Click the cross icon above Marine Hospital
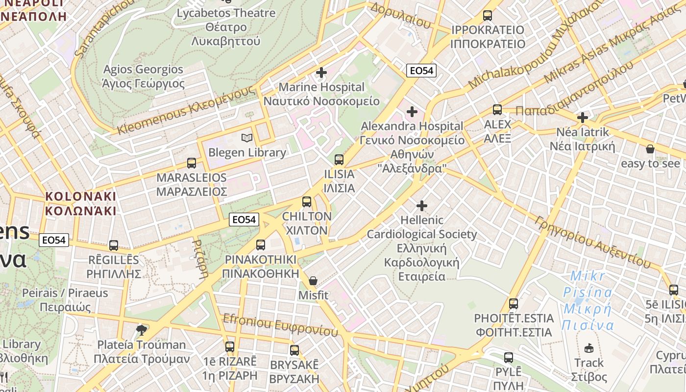coord(321,73)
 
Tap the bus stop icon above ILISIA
coord(339,159)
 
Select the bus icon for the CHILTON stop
coord(307,201)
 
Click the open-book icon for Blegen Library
coord(246,138)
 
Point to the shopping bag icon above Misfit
coord(313,281)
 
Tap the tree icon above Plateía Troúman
coord(142,330)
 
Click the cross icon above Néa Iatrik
coord(582,118)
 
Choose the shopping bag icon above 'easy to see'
coord(650,148)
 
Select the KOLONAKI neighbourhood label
coord(81,204)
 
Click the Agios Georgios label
coord(143,76)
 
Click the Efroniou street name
coord(280,324)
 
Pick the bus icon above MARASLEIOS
coord(192,163)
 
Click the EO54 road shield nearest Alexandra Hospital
coord(421,71)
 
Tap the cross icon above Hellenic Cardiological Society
coord(421,206)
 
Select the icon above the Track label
coord(589,348)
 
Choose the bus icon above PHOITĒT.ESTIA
coord(514,304)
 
